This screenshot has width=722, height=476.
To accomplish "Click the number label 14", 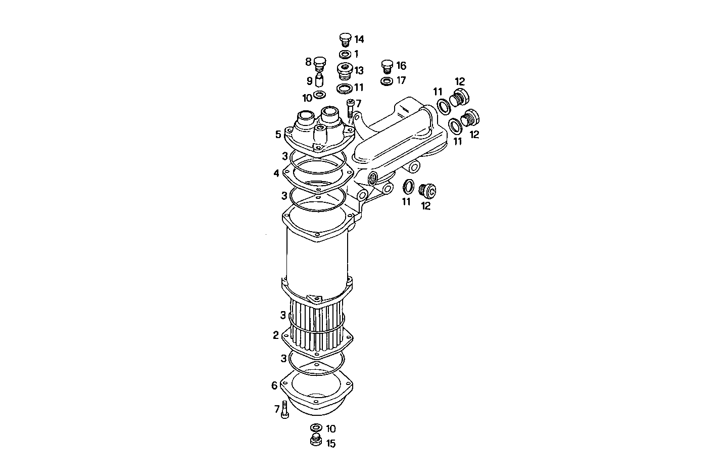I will click(359, 39).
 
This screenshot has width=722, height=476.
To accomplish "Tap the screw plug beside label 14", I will click(345, 39).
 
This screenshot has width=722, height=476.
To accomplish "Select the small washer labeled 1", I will click(345, 54).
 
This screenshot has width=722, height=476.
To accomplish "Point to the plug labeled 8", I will click(319, 63).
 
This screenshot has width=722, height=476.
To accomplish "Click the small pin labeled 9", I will click(319, 80).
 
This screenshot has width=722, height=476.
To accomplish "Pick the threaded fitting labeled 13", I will click(345, 71).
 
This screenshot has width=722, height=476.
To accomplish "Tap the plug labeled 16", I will click(387, 66).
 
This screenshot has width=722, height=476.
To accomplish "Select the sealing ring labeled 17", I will click(387, 81).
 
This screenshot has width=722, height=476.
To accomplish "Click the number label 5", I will click(278, 135).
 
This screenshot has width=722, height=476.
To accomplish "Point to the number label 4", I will click(276, 174).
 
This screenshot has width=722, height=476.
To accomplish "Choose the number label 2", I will click(275, 335).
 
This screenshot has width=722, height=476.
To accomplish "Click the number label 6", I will click(274, 385).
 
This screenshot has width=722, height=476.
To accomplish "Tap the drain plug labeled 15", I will click(316, 440).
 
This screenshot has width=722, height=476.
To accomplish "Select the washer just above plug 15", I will click(316, 428).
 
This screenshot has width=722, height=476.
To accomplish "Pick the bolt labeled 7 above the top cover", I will click(350, 108).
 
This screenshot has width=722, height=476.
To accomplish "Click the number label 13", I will click(359, 70).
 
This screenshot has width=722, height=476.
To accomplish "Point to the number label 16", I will click(401, 66).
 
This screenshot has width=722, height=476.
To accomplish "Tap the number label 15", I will click(330, 444).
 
